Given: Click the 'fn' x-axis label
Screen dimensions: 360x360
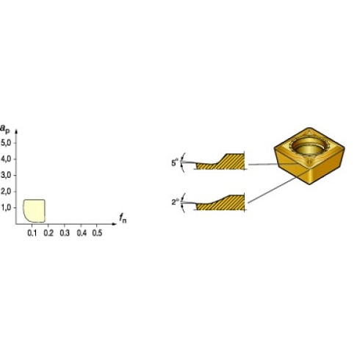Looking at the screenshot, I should (122, 217).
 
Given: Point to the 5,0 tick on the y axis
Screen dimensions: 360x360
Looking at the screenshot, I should (6, 143).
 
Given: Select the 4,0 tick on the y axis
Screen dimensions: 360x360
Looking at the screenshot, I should (6, 159).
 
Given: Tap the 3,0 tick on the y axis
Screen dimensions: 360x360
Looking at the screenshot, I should (6, 175).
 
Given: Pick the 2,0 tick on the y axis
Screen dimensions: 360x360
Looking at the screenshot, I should (6, 191).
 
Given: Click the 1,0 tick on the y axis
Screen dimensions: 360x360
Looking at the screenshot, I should (6, 207).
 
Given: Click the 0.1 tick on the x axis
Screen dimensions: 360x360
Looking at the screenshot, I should (32, 232).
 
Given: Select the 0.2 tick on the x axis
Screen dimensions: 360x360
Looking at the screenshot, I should (48, 232).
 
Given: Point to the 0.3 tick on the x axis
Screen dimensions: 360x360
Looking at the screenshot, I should (64, 232).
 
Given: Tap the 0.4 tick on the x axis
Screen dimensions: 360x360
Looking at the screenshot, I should (80, 232).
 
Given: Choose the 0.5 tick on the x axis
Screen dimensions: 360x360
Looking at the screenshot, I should (96, 232).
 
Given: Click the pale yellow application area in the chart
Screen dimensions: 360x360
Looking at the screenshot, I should (34, 210).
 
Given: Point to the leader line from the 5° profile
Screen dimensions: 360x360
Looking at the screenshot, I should (272, 164).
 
